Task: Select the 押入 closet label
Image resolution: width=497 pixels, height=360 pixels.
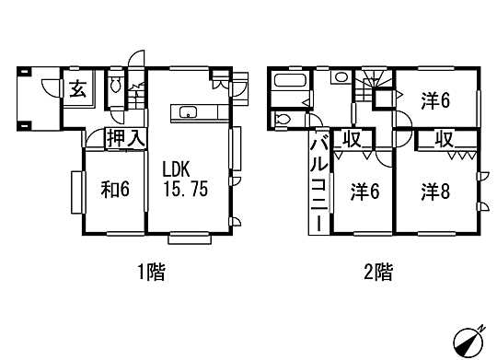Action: tap(123, 140)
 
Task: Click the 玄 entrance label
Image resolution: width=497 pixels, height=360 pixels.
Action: tap(74, 89)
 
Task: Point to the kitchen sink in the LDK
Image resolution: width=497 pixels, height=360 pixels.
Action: tap(188, 114)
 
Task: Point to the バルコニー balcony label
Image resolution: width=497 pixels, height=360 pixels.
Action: tap(316, 184)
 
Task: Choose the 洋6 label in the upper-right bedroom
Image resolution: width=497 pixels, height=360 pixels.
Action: tap(435, 101)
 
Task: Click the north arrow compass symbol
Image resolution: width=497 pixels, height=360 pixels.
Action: tap(470, 339)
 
